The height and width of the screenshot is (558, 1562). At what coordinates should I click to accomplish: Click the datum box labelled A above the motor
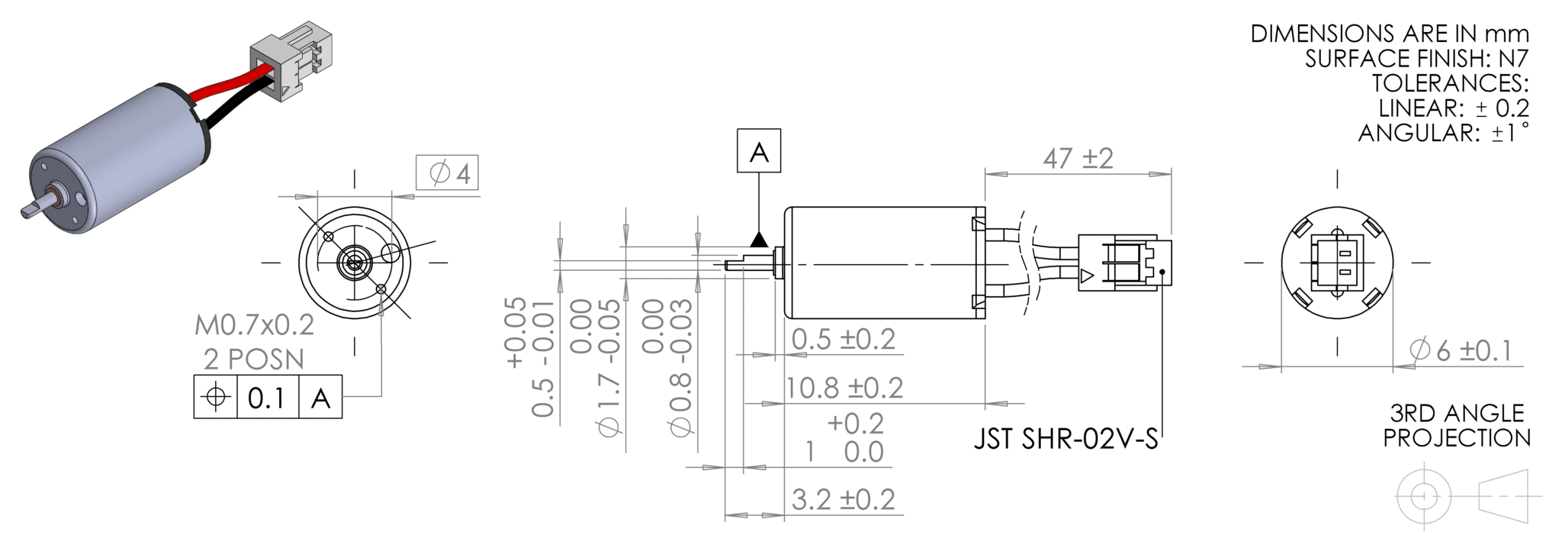coord(758,150)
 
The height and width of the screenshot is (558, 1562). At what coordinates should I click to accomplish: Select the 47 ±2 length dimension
coord(1078,159)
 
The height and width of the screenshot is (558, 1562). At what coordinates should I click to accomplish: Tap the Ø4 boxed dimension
coord(447,173)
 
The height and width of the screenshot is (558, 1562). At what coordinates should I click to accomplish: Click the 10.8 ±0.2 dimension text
coord(844,388)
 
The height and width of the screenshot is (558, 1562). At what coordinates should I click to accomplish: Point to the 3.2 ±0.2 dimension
coord(843,499)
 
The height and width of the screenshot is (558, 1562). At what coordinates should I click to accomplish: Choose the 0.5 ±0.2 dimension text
coord(843,339)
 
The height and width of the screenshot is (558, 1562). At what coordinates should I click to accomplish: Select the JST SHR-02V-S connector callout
coord(1065,439)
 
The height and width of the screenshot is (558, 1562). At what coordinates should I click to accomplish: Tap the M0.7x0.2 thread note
coord(254,325)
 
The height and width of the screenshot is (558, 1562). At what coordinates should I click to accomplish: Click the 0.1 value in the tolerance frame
coord(266,397)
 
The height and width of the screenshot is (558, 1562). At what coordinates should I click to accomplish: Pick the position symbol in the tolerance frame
coord(216,397)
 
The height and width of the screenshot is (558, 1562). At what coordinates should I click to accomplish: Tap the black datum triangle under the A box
coord(758,240)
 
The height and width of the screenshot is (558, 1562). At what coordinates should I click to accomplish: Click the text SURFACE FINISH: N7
coord(1416,59)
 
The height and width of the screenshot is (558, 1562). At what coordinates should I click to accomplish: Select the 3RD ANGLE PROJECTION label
coord(1456,425)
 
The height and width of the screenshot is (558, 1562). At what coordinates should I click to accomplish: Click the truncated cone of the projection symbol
coord(1503,496)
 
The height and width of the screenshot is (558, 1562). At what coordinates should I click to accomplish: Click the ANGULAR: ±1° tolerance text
coord(1442,133)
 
